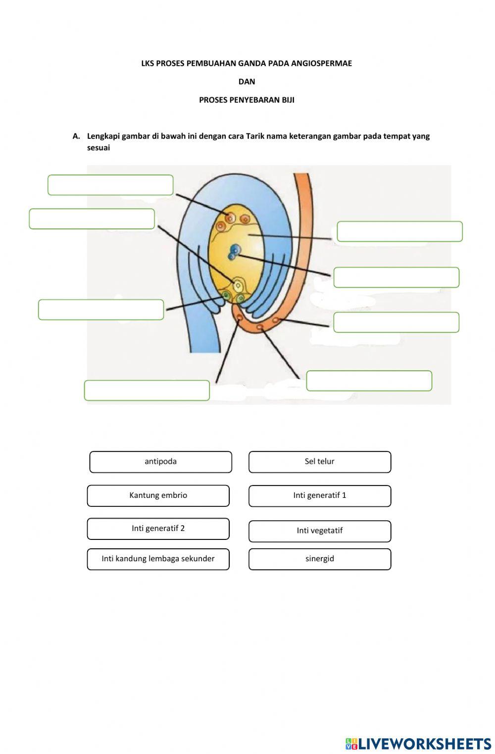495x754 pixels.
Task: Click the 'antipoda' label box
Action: pos(160,462)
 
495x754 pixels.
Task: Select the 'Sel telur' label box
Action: pos(319,462)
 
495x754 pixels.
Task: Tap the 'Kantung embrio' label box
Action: pos(158,495)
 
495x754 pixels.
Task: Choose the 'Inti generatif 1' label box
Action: pos(319,495)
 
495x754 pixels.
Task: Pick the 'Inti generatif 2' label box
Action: pos(158,529)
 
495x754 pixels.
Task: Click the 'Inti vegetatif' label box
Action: pos(319,531)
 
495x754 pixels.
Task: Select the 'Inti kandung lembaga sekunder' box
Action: pos(158,559)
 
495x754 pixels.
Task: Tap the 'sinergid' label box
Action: pos(319,559)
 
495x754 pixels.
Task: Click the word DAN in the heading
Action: pos(247,82)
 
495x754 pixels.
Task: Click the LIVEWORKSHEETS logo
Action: pos(418,744)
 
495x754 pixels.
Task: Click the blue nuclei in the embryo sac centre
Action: pos(234,252)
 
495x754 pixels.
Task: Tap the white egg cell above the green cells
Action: pos(238,285)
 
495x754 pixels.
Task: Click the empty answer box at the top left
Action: pos(110,185)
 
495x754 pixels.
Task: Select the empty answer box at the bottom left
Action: pos(147,390)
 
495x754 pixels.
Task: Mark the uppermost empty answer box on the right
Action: pos(399,231)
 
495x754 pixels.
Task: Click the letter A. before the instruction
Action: pos(76,136)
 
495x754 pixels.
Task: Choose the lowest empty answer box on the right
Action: pos(369,381)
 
